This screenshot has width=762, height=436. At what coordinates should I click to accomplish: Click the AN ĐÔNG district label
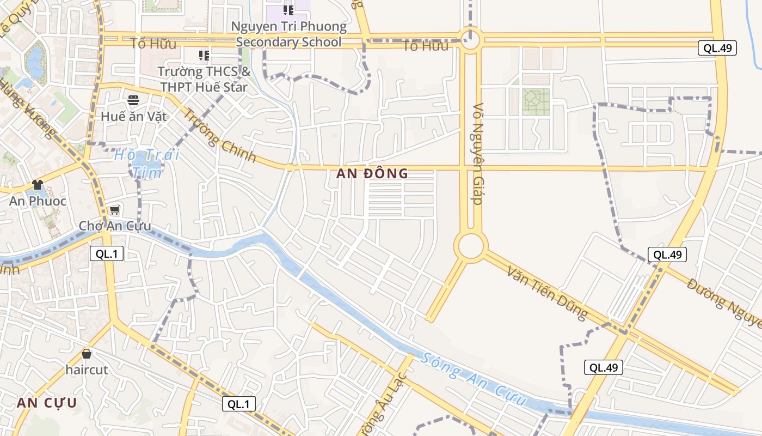[372, 174]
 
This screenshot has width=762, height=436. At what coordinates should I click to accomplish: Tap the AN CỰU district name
[47, 403]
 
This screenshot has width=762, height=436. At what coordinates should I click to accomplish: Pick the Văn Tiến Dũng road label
[547, 292]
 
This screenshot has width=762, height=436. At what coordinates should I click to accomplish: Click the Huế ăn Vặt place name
[134, 116]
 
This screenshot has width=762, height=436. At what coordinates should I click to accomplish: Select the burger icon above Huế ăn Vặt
[133, 100]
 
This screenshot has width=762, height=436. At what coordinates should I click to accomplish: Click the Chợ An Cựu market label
[115, 226]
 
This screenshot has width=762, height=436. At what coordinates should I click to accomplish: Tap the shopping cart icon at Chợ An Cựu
[114, 210]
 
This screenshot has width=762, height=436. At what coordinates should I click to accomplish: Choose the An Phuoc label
[38, 201]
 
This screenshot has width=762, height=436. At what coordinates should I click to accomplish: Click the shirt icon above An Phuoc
[37, 185]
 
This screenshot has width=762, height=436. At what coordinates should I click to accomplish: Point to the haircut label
[87, 370]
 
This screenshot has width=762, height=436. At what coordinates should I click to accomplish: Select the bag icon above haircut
[86, 354]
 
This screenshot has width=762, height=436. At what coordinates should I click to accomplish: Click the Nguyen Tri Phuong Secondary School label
[289, 34]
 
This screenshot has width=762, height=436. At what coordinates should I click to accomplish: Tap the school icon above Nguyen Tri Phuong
[288, 10]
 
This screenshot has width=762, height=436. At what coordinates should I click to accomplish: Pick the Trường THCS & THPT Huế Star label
[204, 79]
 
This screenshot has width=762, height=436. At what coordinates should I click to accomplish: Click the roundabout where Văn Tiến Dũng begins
[470, 246]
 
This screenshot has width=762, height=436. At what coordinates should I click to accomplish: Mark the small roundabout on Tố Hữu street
[470, 40]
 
